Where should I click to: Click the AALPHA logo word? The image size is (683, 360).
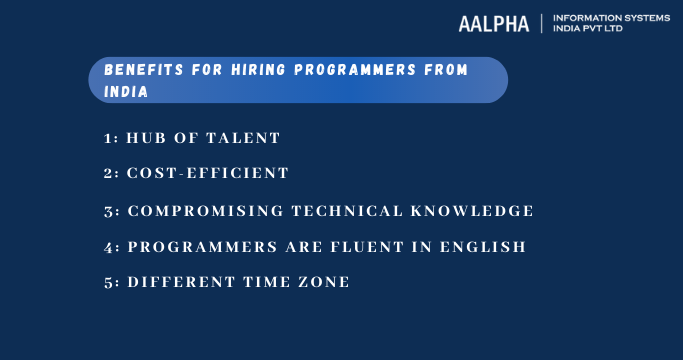(493, 23)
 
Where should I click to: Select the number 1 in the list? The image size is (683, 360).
(109, 137)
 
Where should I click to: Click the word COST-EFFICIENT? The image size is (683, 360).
(207, 173)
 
